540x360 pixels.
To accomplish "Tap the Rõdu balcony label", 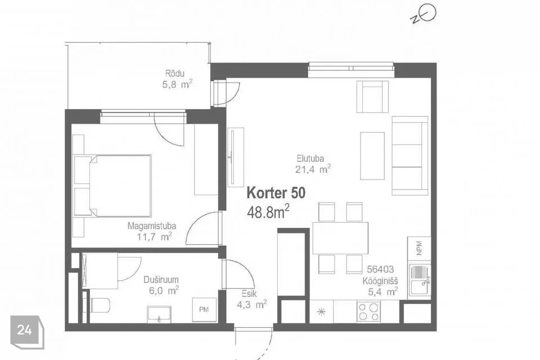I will pyautogui.click(x=175, y=73).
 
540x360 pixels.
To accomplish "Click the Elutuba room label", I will pyautogui.click(x=311, y=158).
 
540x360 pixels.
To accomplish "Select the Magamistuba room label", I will pyautogui.click(x=151, y=226).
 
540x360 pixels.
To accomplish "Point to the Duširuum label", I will pyautogui.click(x=160, y=280).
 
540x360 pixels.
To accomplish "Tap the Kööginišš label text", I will pyautogui.click(x=380, y=281).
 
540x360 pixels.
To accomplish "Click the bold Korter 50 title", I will pyautogui.click(x=276, y=193).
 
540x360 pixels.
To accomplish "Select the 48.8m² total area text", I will pyautogui.click(x=268, y=211).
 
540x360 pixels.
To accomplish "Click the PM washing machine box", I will pyautogui.click(x=203, y=309).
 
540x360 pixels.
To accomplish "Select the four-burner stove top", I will pyautogui.click(x=369, y=312).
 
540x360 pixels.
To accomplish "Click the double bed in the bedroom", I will pyautogui.click(x=119, y=185).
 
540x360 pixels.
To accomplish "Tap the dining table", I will pyautogui.click(x=340, y=238).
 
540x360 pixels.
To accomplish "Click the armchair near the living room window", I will pyautogui.click(x=372, y=96).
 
